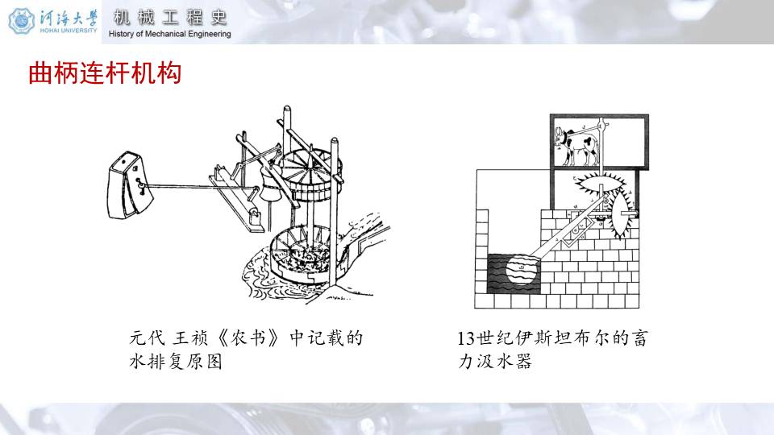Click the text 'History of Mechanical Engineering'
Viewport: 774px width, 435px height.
click(x=169, y=34)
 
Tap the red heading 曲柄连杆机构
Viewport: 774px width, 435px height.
click(x=105, y=73)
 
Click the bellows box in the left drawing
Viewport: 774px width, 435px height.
click(x=131, y=184)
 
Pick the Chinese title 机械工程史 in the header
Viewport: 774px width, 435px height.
click(x=170, y=17)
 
